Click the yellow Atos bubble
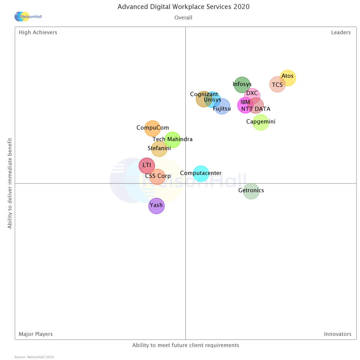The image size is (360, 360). click(288, 78)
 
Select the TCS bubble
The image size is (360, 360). click(277, 84)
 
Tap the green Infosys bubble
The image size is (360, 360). click(242, 84)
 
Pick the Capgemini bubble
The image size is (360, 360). click(261, 122)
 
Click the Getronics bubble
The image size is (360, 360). click(251, 191)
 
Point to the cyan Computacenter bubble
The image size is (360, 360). click(201, 173)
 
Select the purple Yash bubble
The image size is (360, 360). click(157, 206)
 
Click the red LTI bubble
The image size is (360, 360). click(147, 166)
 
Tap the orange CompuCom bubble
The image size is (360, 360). click(152, 128)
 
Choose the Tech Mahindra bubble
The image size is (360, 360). click(173, 140)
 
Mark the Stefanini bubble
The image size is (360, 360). click(159, 149)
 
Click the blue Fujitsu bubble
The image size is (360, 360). click(222, 106)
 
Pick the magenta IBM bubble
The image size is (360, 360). click(244, 105)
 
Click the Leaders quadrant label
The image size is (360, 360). click(340, 33)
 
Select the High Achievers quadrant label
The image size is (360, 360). click(38, 33)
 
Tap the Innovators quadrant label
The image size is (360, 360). click(337, 334)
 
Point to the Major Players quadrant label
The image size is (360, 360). click(36, 334)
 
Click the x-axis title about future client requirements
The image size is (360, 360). click(185, 345)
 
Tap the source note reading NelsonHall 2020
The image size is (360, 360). click(34, 357)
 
